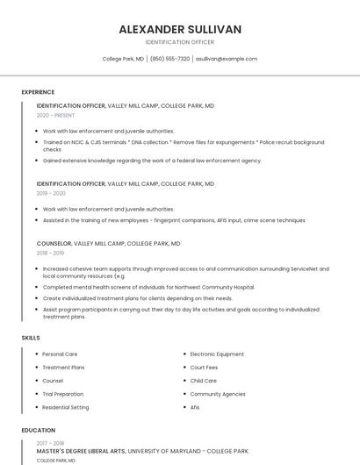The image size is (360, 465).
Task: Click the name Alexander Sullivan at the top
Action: click(x=180, y=29)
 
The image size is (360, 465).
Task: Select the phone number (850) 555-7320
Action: click(x=170, y=59)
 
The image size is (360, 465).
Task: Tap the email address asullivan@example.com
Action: click(x=227, y=59)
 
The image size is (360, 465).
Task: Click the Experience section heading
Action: click(x=38, y=92)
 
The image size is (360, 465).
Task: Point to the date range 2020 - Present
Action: click(x=55, y=115)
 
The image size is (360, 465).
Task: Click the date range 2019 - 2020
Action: click(x=51, y=193)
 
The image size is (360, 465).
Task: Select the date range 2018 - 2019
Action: click(x=51, y=253)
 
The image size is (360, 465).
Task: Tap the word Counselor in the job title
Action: click(x=54, y=243)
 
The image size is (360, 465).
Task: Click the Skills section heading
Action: click(x=31, y=337)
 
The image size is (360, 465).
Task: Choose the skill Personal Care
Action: click(x=60, y=354)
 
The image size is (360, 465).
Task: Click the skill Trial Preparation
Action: click(x=63, y=394)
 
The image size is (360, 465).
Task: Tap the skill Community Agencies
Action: click(x=218, y=394)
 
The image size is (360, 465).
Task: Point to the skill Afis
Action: click(x=195, y=407)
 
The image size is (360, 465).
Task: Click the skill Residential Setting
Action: click(x=66, y=407)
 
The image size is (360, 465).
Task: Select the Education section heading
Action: click(x=38, y=431)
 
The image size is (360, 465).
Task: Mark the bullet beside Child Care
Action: click(x=184, y=381)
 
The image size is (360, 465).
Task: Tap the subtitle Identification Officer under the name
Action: click(x=180, y=42)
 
